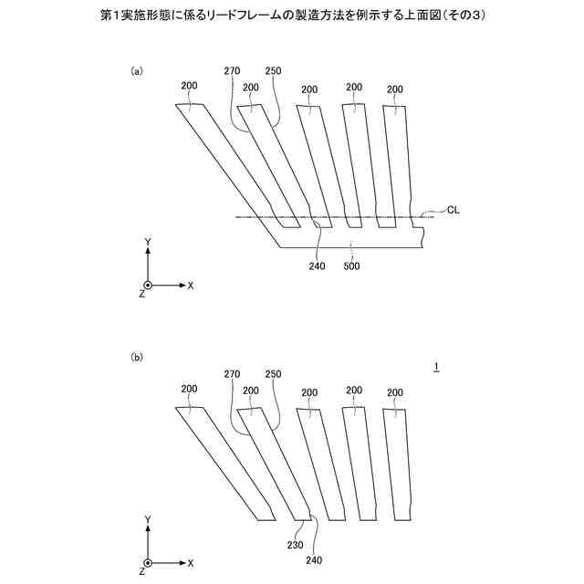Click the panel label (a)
[x=137, y=70]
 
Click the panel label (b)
[x=137, y=359]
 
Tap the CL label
[x=454, y=209]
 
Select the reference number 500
[x=351, y=266]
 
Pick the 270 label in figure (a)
[x=231, y=71]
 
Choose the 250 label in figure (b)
[x=273, y=374]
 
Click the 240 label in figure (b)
[x=315, y=559]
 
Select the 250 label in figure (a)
[x=273, y=71]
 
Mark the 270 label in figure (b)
[x=231, y=374]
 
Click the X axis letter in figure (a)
[x=191, y=285]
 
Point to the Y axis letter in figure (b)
[x=148, y=518]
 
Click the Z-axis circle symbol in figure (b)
[x=148, y=563]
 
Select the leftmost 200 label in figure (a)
[x=189, y=87]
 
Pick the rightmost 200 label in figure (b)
[x=394, y=391]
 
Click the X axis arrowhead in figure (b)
[x=181, y=563]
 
